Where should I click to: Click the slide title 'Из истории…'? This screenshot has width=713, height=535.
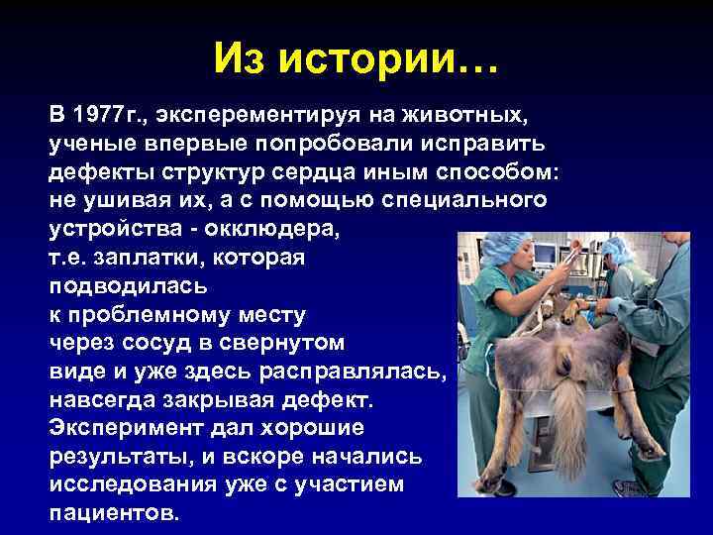coord(356,60)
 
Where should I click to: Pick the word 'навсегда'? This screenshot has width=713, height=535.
coord(104,400)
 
